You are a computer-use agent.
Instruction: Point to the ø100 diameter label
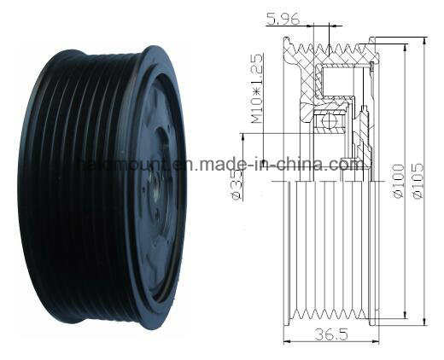398,181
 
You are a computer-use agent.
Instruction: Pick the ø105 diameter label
418,181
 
